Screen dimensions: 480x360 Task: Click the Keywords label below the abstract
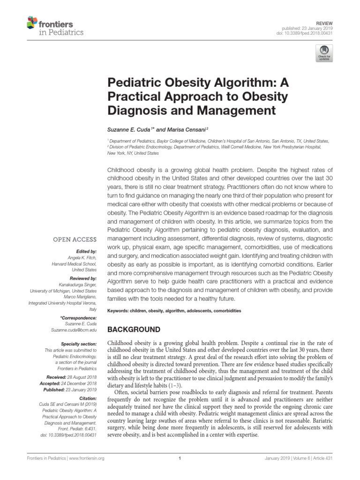[120, 311]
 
